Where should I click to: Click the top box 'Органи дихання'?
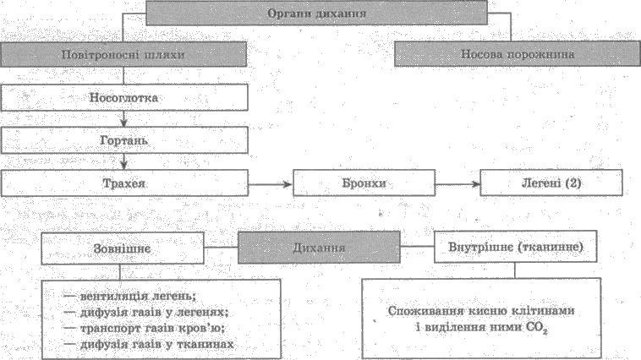[x=316, y=13]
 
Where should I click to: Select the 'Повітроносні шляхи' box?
[x=123, y=54]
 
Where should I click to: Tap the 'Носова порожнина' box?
[x=518, y=53]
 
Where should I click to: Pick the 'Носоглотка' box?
[x=124, y=98]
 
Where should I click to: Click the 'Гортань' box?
[x=124, y=140]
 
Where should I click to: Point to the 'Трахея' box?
[x=124, y=183]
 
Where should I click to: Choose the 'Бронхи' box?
[x=364, y=183]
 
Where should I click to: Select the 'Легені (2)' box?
[x=551, y=183]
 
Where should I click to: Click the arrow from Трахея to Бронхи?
[x=271, y=184]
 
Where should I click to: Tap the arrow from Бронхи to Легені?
[x=457, y=184]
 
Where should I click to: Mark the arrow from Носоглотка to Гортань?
[x=123, y=119]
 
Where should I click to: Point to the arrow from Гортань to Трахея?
[x=123, y=161]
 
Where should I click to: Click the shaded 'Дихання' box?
[x=319, y=248]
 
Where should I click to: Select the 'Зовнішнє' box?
[x=123, y=248]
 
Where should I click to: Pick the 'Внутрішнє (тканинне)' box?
[x=515, y=247]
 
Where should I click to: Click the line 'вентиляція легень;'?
[x=130, y=296]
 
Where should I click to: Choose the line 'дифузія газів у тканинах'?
[x=149, y=344]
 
